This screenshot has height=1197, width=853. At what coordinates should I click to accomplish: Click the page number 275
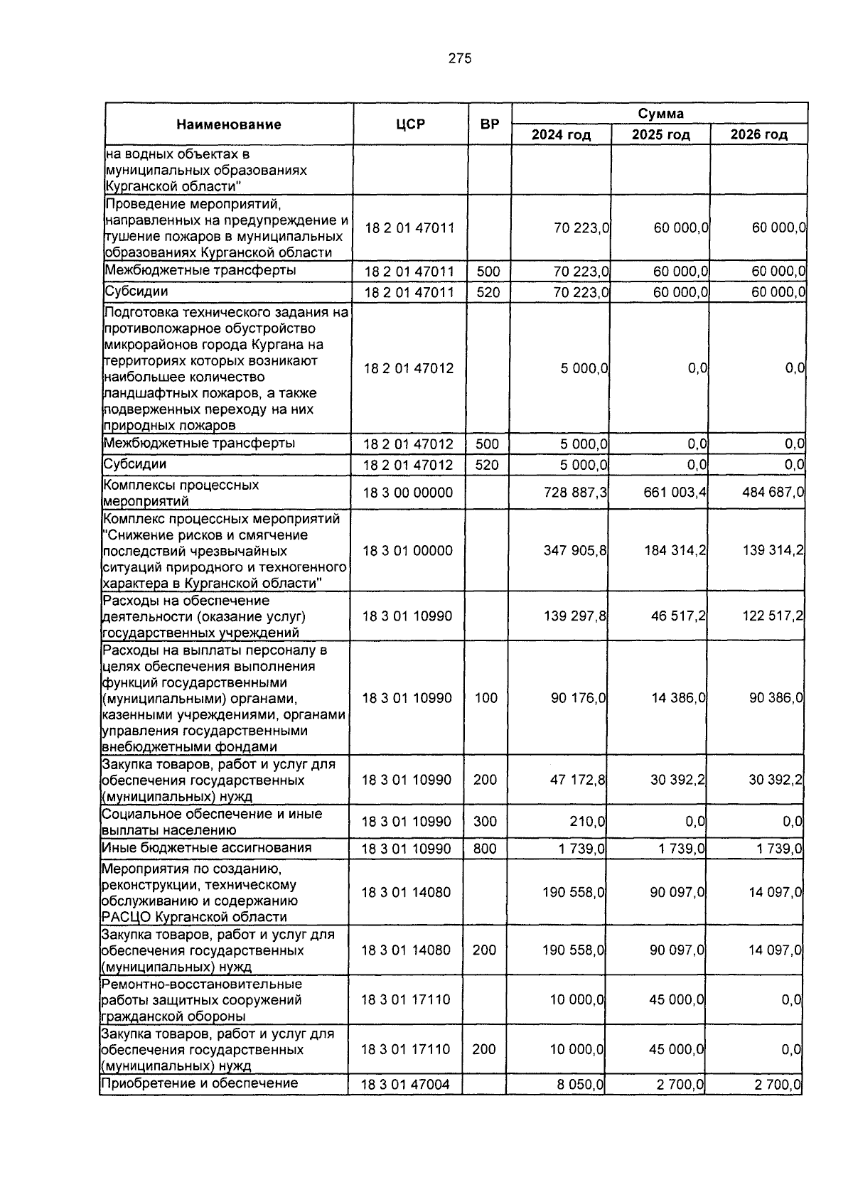point(460,59)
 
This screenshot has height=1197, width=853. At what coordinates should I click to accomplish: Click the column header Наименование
point(229,124)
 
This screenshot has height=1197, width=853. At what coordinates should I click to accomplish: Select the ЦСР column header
point(411,124)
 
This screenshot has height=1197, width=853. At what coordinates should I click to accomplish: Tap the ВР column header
point(489,124)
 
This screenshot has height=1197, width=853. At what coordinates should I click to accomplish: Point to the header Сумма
point(660,114)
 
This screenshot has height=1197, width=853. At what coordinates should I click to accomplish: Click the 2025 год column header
point(660,135)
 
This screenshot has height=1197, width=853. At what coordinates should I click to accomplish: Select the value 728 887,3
point(575,493)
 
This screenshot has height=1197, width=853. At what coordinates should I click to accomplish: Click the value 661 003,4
point(675,493)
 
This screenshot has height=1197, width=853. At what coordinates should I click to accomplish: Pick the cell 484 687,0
point(773,493)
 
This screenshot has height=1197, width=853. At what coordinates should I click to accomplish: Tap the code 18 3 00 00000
point(407,493)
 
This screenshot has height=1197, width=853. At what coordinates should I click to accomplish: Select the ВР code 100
point(486,698)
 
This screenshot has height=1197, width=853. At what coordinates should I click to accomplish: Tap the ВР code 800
point(485,849)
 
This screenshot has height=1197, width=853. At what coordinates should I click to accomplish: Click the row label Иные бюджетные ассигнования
point(207,847)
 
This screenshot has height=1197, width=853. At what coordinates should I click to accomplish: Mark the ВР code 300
point(485,822)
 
